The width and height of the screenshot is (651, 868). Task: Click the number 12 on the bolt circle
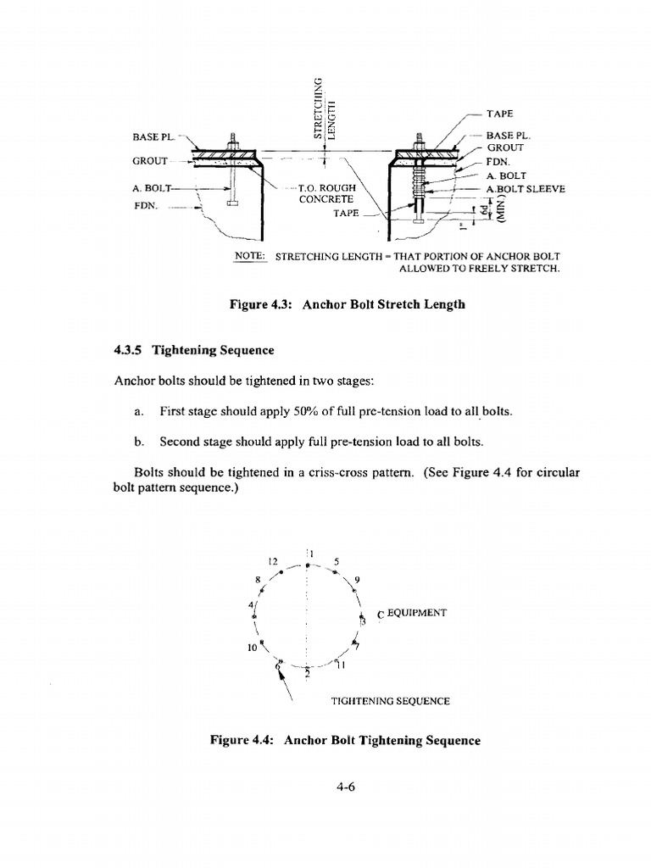click(273, 561)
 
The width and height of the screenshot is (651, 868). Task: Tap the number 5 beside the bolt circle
click(337, 561)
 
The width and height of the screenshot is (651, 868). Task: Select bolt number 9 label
click(358, 580)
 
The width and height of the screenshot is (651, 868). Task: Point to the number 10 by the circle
click(252, 648)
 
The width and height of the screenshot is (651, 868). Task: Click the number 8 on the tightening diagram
click(257, 579)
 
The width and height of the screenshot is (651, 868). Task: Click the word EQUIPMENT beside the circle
click(416, 613)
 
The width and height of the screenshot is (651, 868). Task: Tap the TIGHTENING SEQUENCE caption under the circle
click(391, 701)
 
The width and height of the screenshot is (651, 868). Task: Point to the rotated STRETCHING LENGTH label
click(325, 108)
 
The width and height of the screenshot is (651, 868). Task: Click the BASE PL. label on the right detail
click(509, 135)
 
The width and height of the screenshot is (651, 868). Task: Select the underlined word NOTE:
click(251, 256)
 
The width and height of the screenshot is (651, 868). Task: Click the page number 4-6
click(343, 786)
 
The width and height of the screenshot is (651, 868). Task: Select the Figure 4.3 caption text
click(348, 303)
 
